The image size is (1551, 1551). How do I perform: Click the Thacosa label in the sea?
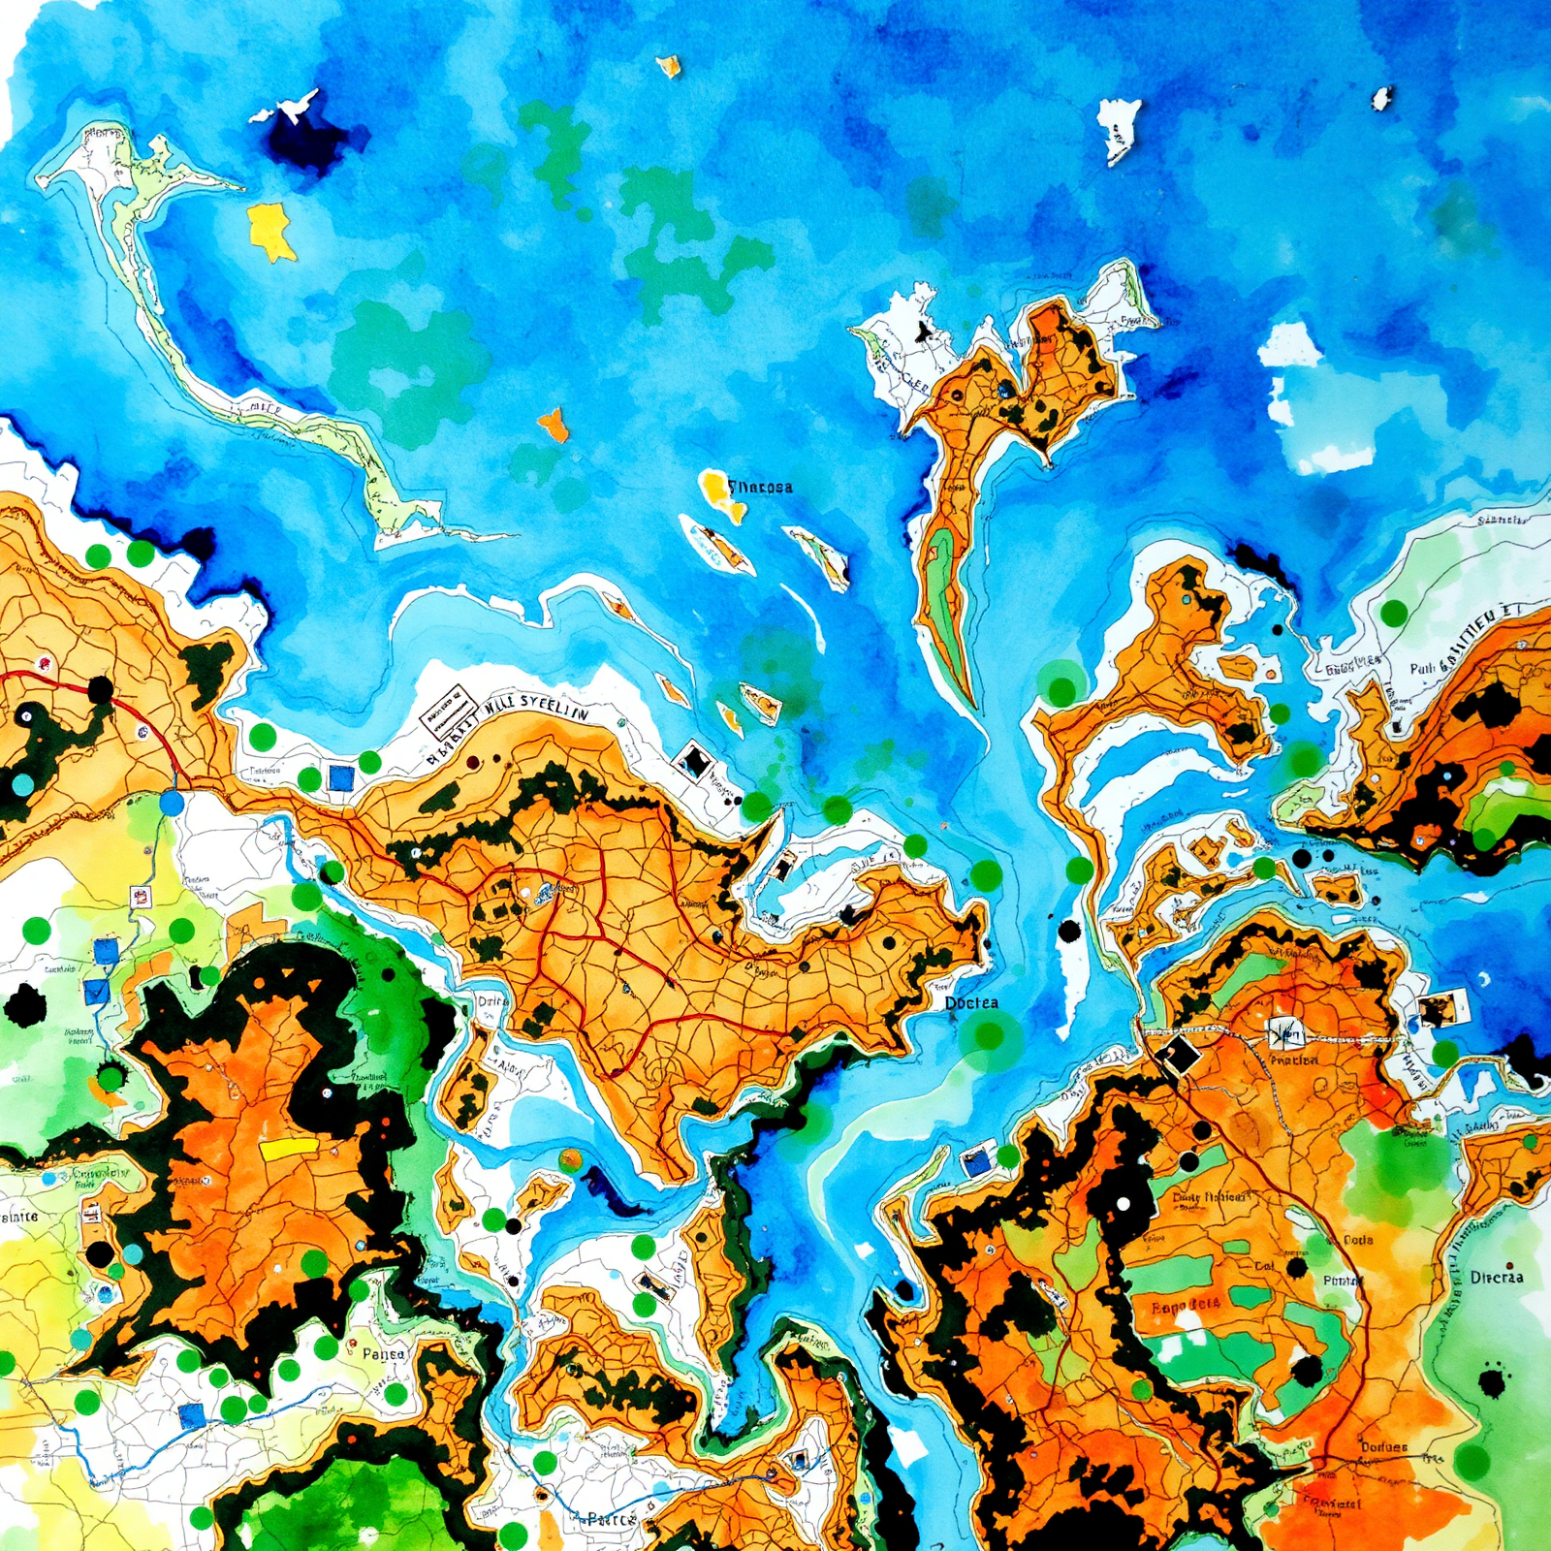point(760,487)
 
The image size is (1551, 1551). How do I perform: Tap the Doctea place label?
point(971,1003)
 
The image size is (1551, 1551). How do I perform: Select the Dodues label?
point(1384,1447)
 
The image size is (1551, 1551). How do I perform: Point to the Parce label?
point(611,1519)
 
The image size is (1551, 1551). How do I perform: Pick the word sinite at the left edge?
point(18,1216)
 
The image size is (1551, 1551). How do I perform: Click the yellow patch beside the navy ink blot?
point(269,231)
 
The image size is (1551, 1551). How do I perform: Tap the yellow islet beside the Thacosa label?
point(716,486)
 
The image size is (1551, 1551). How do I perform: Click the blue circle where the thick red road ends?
point(172,803)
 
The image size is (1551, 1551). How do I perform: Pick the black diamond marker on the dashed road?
point(1178,1057)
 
